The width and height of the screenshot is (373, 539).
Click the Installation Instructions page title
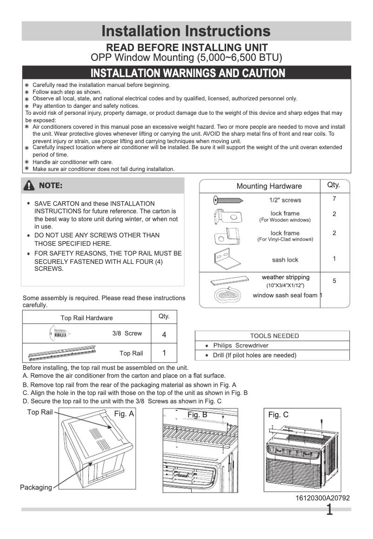[186, 31]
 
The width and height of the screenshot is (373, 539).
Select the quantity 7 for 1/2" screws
[334, 199]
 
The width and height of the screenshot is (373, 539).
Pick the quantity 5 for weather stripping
[334, 281]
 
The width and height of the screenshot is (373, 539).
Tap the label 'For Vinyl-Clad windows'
[285, 239]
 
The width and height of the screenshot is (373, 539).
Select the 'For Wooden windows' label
[285, 220]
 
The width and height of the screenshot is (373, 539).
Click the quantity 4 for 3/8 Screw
[164, 335]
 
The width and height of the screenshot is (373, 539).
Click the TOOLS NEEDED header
[274, 336]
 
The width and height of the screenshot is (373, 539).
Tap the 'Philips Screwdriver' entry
[240, 346]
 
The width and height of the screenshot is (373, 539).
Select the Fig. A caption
[124, 414]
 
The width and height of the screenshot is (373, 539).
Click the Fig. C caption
[278, 414]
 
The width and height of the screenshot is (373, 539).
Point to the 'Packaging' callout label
[36, 487]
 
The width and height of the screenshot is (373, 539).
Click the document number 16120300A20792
[322, 498]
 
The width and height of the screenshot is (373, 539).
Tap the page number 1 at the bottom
[329, 510]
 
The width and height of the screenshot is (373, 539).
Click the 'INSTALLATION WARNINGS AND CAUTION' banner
[187, 73]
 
